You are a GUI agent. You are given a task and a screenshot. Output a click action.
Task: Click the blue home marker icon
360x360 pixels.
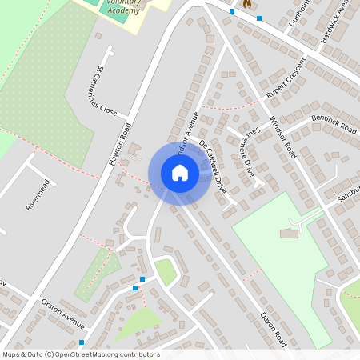coord(180,173)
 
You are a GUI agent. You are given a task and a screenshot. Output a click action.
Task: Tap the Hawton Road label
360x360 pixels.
coord(121,144)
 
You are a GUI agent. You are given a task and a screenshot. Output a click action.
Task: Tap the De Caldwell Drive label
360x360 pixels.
coord(212,166)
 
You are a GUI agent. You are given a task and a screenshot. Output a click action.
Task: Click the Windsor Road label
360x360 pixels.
coord(282,137)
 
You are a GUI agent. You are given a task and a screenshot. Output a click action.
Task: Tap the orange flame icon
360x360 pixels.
coord(246,4)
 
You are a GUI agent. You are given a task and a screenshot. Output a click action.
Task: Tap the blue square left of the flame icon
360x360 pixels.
coord(232,11)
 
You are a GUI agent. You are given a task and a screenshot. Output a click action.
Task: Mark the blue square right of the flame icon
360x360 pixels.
coord(258,18)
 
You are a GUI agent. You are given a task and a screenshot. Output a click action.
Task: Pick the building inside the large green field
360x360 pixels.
coord(289,233)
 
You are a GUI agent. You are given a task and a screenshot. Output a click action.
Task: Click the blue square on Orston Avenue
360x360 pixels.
coord(82,342)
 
